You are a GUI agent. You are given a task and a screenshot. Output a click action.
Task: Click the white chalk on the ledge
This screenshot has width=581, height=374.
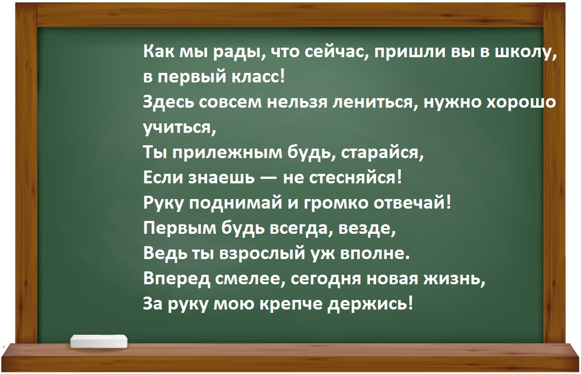(100, 340)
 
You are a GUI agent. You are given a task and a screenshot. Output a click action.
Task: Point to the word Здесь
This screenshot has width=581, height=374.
(164, 103)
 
